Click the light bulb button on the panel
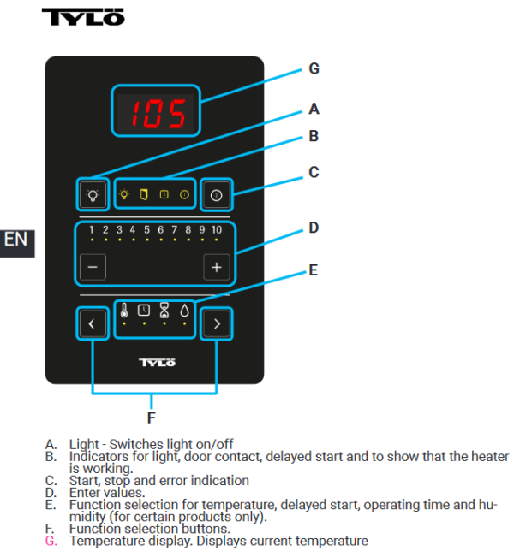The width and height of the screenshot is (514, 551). coord(93,195)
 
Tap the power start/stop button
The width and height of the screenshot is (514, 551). coord(216,195)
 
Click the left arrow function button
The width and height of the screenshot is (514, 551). coord(93,323)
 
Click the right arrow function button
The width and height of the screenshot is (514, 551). coord(216,323)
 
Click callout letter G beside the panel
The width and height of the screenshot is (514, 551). coord(314,68)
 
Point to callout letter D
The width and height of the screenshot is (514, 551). coord(314,228)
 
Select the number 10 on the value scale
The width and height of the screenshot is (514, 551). coord(217,230)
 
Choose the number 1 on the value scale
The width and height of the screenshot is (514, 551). coord(92,230)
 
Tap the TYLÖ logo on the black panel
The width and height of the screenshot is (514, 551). coord(155,362)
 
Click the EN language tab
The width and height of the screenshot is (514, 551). coord(15,239)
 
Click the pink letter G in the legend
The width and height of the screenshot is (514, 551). coord(51,541)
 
